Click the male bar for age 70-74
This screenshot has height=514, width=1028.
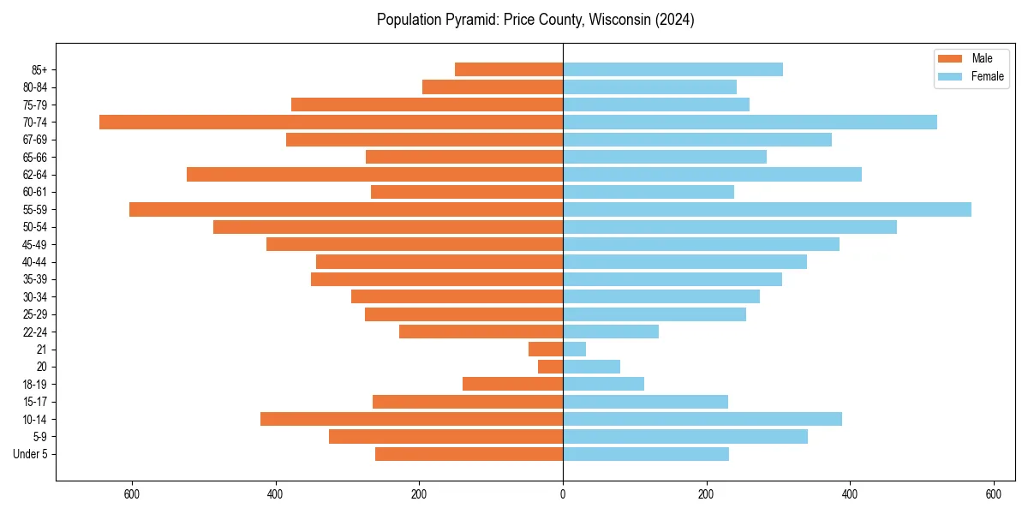point(331,122)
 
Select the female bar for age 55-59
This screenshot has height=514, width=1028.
point(767,209)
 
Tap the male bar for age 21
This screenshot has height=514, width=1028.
point(546,349)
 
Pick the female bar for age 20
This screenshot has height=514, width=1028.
point(591,367)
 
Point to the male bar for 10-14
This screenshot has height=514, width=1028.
point(411,419)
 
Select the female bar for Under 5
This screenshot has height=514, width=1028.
point(645,454)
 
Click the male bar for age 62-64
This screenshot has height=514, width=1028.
point(374,174)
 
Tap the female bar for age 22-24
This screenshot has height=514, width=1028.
point(610,332)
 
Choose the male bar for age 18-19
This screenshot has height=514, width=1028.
point(512,384)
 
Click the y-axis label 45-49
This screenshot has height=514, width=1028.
point(35,244)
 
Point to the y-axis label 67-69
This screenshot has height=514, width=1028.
point(35,140)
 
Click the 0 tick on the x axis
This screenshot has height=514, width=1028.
point(563,494)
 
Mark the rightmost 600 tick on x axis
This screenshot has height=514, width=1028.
point(993,494)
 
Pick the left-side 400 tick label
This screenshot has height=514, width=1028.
point(276,494)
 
